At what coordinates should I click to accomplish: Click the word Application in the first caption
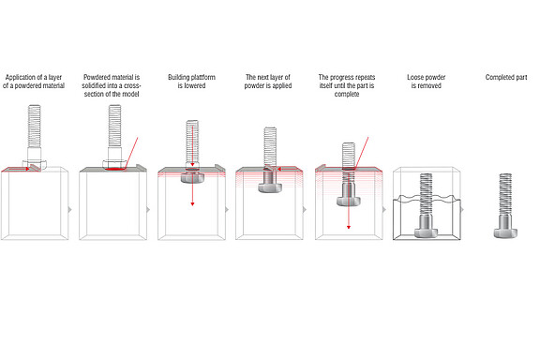(x=22, y=76)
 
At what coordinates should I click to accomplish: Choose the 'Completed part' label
(x=505, y=76)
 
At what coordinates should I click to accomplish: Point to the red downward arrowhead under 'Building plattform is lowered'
(x=192, y=202)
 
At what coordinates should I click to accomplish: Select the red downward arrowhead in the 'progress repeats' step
(x=350, y=227)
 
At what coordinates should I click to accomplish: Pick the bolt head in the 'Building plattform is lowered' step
(x=192, y=183)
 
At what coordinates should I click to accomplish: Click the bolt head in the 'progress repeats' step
(x=349, y=198)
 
